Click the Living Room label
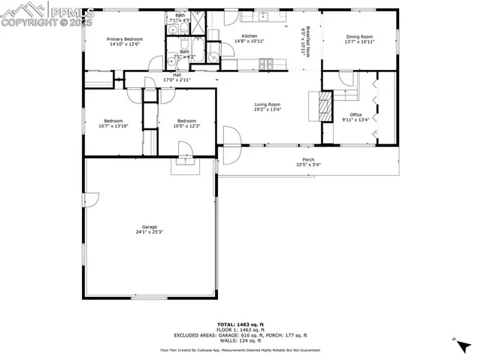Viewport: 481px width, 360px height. coord(267,107)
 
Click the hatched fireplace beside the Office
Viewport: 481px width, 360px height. coord(324,107)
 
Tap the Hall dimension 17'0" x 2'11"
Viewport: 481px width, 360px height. coord(177,79)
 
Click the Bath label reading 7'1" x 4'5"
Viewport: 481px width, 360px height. coord(180,17)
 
